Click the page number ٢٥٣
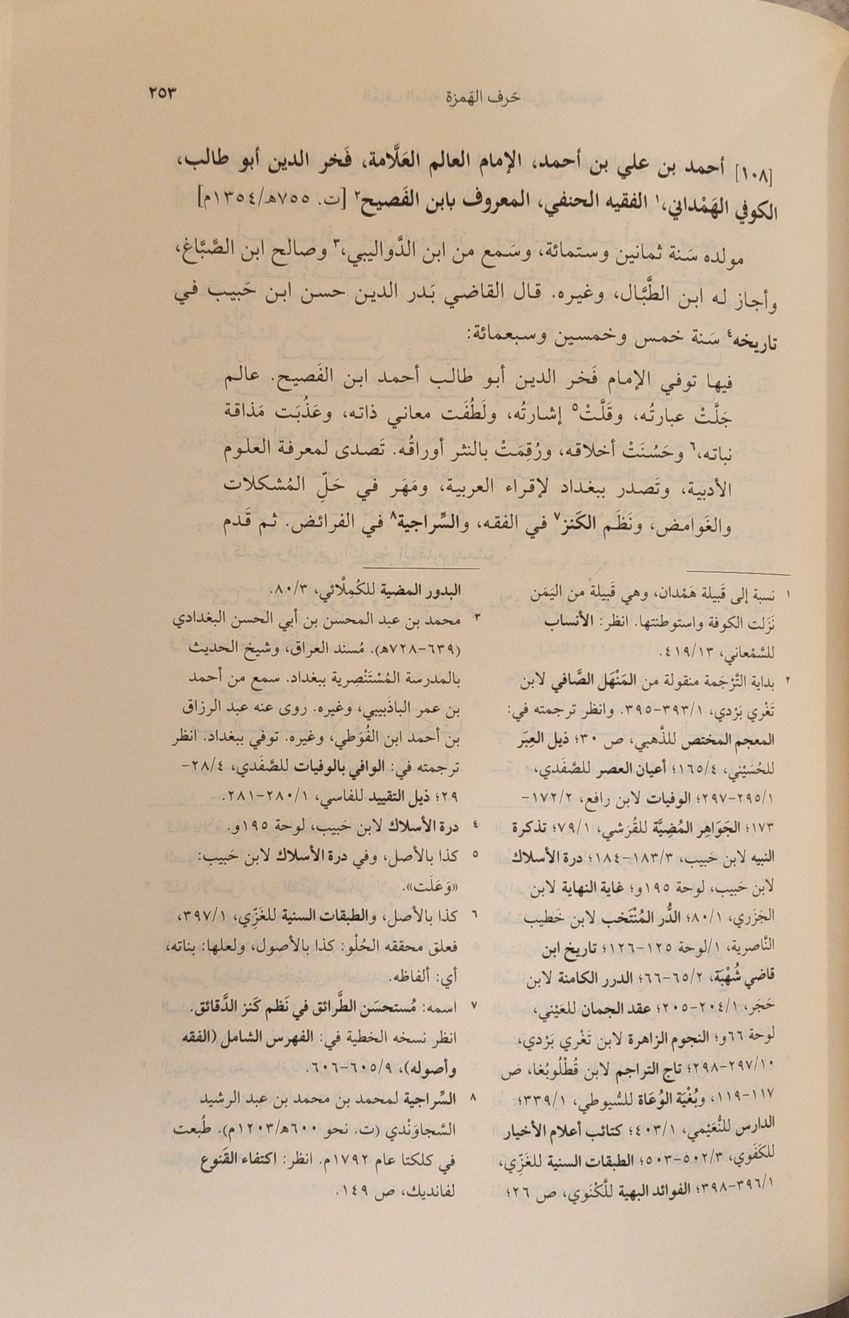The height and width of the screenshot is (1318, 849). (161, 93)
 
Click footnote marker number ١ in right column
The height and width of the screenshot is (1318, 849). (787, 596)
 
